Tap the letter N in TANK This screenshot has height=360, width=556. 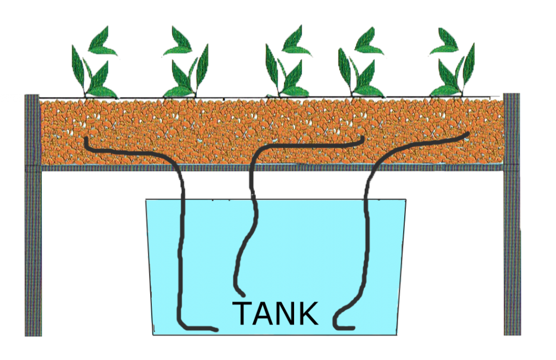tap(286, 314)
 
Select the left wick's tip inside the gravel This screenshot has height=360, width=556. tap(87, 139)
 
